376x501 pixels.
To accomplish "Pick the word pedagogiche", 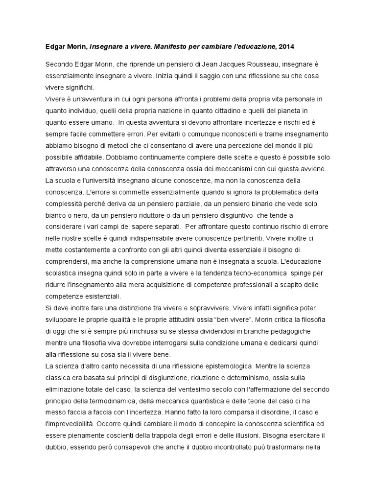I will [x=288, y=331].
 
